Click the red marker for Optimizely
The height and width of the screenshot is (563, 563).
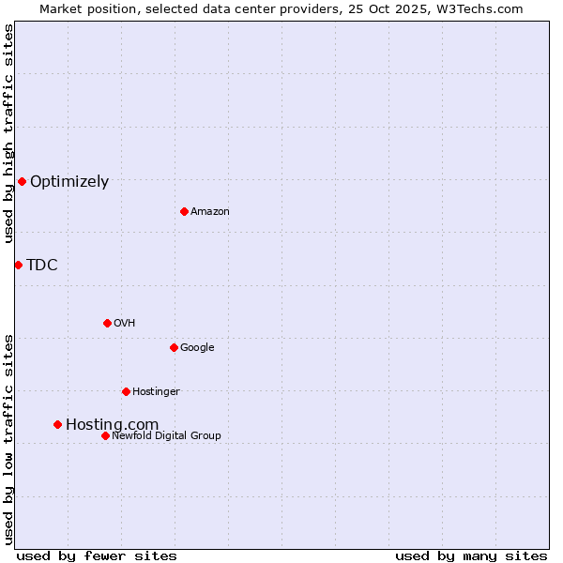(x=22, y=181)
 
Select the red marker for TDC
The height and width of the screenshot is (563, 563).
(x=18, y=265)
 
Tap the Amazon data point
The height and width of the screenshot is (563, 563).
(x=184, y=211)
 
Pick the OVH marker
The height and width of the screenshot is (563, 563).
(x=107, y=323)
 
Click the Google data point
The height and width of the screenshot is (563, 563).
(x=174, y=347)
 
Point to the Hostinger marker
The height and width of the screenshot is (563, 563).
(x=126, y=391)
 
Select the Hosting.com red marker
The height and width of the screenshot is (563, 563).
(x=57, y=424)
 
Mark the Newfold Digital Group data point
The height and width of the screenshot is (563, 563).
(x=105, y=435)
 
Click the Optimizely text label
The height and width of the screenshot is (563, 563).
(x=69, y=182)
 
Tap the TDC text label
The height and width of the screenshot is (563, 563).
(x=42, y=266)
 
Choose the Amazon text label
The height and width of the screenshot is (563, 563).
(x=210, y=212)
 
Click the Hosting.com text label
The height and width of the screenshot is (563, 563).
(x=112, y=425)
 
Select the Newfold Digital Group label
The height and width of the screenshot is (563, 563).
(x=166, y=435)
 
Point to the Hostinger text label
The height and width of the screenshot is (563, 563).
(x=156, y=392)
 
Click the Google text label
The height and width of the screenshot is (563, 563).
(x=197, y=348)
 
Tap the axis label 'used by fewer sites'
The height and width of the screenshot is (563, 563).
(x=97, y=555)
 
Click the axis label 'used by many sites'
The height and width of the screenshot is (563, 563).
(x=471, y=555)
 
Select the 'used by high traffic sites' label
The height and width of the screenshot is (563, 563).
(x=9, y=133)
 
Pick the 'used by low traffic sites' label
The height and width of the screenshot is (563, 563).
(x=9, y=439)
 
